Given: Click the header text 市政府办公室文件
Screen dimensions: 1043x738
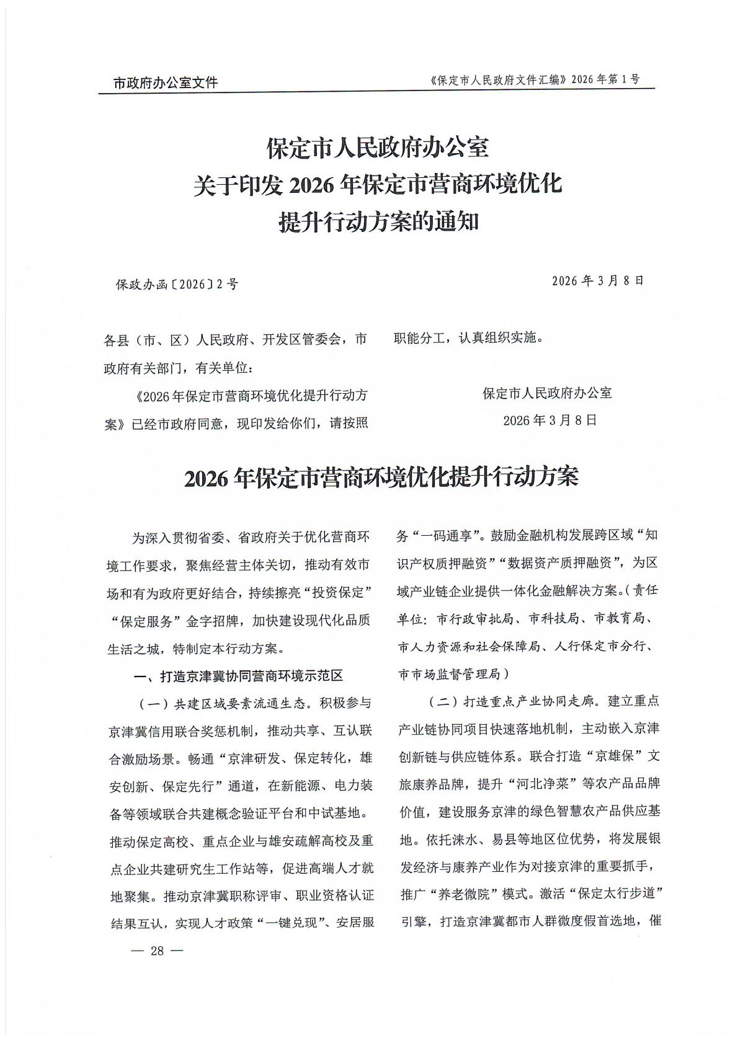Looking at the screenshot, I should coord(166,82).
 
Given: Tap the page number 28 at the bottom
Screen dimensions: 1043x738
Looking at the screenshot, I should coord(158,951).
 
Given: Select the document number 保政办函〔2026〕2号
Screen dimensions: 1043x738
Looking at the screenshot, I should coord(177,285).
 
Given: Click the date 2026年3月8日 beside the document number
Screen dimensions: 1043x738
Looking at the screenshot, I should coord(598,280).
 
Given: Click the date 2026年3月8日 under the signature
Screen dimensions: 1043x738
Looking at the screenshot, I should coord(549,420).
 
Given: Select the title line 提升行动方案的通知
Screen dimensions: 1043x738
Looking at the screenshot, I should coord(379,221).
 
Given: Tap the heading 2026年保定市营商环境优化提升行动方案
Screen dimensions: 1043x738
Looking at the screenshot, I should coord(381,478).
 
